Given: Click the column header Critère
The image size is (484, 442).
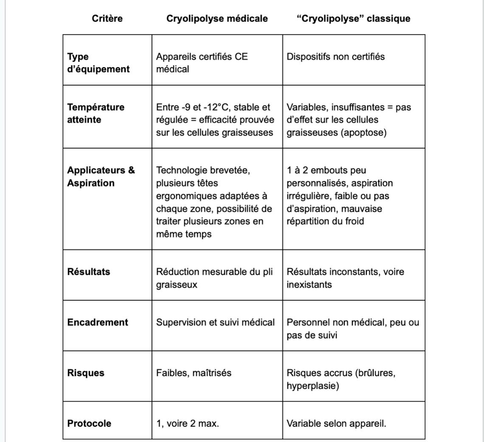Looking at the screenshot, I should [x=107, y=19].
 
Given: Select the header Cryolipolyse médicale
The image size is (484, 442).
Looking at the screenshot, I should [x=217, y=19].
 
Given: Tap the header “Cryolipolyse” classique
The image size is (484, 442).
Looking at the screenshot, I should [x=353, y=19].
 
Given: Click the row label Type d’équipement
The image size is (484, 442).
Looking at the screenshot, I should [x=98, y=63].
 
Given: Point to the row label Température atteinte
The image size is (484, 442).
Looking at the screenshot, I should [x=96, y=113].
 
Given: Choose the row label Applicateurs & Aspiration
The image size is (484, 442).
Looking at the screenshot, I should [x=101, y=176].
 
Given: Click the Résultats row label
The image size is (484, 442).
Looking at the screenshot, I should [x=88, y=272].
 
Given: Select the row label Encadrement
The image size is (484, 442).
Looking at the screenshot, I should [x=97, y=322].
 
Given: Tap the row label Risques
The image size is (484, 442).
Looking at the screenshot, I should [x=85, y=373].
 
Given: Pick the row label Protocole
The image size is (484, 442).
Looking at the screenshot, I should [x=89, y=423].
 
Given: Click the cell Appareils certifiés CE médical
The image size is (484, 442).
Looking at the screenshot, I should [x=202, y=63].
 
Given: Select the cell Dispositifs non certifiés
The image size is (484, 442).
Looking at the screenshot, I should [x=335, y=57].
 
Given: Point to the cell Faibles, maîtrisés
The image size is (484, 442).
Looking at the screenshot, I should [x=194, y=373].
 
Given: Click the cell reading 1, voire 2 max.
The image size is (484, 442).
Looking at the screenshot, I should [x=187, y=423].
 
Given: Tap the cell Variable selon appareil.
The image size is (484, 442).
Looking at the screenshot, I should [x=336, y=423].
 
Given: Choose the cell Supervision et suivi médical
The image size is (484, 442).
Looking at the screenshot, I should [x=215, y=322].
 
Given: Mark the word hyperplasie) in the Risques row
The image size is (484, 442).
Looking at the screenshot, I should [x=312, y=386].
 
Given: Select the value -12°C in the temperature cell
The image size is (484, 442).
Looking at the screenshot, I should [x=218, y=107].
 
